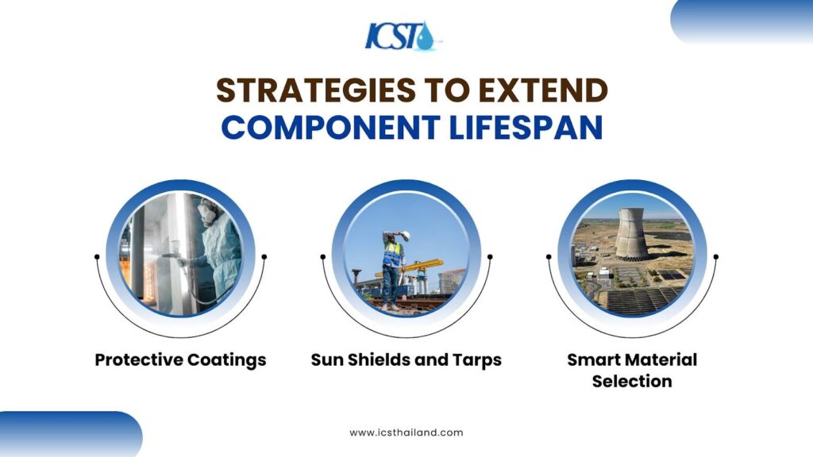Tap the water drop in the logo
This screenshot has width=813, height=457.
(428, 37)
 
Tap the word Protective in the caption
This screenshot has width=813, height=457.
(138, 360)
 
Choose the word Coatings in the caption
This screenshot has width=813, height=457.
(226, 360)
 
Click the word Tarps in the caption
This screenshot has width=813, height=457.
(476, 360)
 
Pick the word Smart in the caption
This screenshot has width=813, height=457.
(591, 360)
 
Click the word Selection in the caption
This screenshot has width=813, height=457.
(632, 382)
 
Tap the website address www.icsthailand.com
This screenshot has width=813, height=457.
(406, 433)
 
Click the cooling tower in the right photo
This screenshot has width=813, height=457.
(632, 232)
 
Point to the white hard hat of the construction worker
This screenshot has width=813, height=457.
(404, 235)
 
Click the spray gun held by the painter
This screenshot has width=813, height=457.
(171, 255)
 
